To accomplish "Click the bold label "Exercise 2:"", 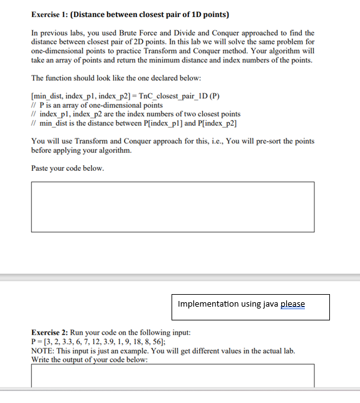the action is point(51,332).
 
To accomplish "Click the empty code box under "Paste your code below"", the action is point(172,207).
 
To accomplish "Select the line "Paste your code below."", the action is point(68,168).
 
